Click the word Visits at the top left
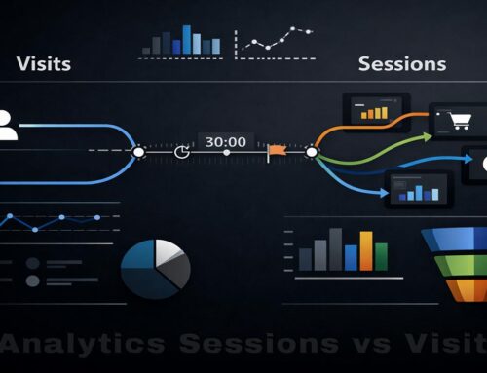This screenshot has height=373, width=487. (x=44, y=65)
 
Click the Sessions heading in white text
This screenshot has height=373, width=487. (x=402, y=64)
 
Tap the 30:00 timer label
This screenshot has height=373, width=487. (x=225, y=141)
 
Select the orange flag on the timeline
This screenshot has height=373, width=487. (x=277, y=151)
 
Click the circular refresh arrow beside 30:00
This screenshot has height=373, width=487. (x=181, y=152)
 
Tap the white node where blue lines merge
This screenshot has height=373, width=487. (x=139, y=153)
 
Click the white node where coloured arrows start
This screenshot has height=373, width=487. (x=312, y=152)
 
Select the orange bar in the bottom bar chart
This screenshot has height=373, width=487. (x=365, y=250)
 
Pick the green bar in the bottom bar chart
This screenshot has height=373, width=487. (x=382, y=257)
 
